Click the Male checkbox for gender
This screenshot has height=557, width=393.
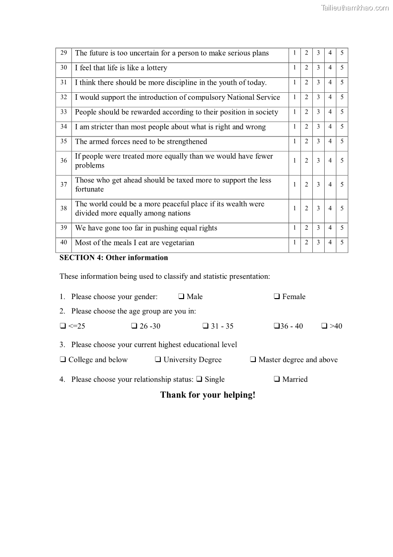(181, 297)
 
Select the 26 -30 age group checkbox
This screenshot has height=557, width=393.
(134, 326)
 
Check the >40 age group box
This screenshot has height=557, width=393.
(324, 326)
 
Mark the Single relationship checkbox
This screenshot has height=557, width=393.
(199, 379)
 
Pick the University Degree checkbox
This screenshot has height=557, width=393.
(158, 360)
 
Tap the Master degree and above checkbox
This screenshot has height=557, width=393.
(253, 360)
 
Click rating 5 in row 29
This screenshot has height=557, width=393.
(342, 53)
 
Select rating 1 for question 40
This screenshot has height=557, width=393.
(295, 243)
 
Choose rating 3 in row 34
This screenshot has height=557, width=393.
(318, 127)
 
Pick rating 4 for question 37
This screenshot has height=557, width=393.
(330, 185)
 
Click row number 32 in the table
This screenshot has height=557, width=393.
(64, 97)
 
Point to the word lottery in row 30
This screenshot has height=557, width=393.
(157, 68)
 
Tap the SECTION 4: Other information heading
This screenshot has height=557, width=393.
(114, 258)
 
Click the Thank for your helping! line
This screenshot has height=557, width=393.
(208, 395)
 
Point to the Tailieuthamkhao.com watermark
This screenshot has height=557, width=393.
(355, 7)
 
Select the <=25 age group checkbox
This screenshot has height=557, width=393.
(63, 326)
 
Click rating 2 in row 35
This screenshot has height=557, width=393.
(306, 142)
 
